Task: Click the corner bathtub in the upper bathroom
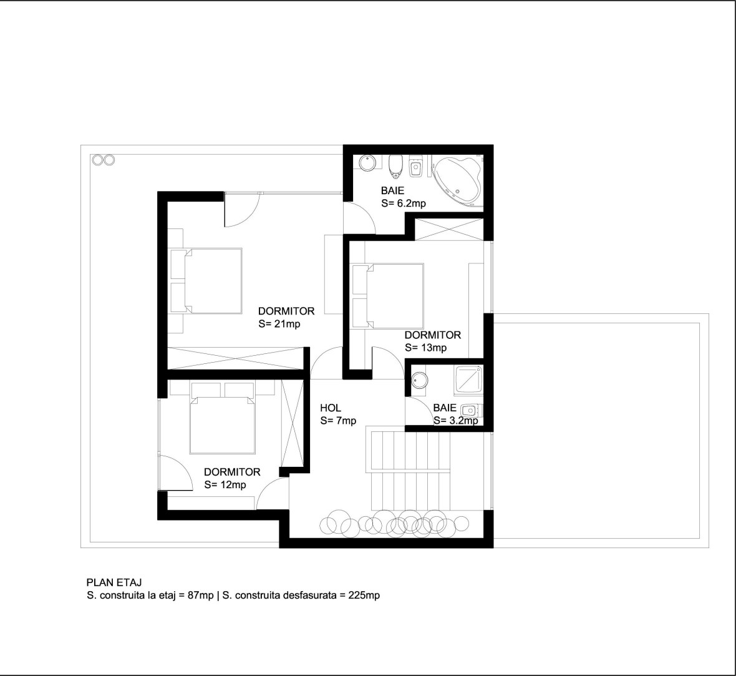pos(458,181)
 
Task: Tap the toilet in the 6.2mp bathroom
pos(396,167)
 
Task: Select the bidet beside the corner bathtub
pos(417,166)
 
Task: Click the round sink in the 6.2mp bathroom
pos(368,163)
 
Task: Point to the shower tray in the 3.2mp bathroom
pos(468,379)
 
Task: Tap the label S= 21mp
pos(279,324)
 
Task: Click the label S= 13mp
pos(426,348)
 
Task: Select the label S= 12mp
pos(225,485)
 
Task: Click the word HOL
pos(331,408)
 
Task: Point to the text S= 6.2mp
pos(404,203)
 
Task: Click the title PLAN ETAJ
pos(114,582)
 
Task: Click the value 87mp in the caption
pos(200,595)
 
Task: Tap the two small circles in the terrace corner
pos(104,160)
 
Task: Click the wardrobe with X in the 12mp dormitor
pos(292,423)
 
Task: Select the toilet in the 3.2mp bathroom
pos(470,410)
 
